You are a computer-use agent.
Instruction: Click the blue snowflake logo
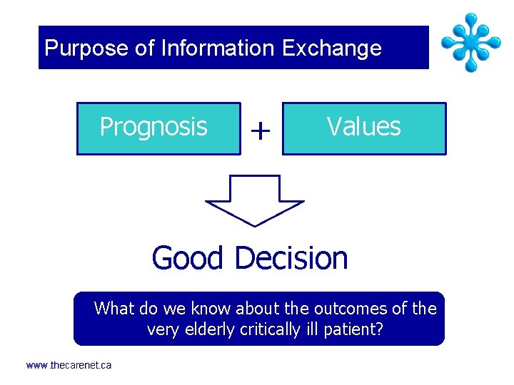pyautogui.click(x=470, y=42)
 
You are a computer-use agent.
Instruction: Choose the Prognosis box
pyautogui.click(x=158, y=128)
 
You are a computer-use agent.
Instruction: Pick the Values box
pyautogui.click(x=364, y=128)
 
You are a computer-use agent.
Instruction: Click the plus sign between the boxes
pyautogui.click(x=261, y=130)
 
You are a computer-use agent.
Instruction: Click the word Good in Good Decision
pyautogui.click(x=188, y=258)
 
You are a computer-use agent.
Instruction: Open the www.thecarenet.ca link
pyautogui.click(x=69, y=365)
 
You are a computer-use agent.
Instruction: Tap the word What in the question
pyautogui.click(x=114, y=309)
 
